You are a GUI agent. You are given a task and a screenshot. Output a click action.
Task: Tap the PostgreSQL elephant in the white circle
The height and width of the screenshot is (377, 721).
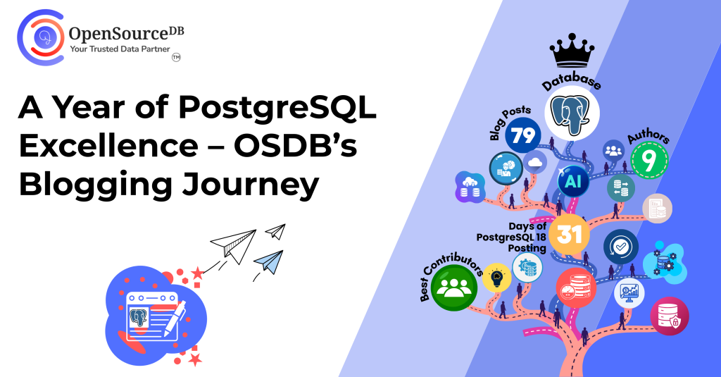(x=572, y=113)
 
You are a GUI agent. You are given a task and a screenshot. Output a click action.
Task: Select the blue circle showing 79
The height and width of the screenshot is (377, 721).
(x=523, y=135)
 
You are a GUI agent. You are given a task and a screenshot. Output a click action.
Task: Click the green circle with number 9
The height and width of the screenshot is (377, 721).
(x=649, y=160)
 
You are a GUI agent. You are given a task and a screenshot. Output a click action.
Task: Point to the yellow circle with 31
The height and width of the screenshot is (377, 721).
(x=569, y=234)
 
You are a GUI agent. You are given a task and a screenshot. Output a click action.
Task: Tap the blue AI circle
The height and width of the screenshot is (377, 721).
(x=573, y=181)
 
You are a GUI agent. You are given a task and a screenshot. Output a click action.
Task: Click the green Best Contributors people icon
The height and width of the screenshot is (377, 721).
(x=454, y=288)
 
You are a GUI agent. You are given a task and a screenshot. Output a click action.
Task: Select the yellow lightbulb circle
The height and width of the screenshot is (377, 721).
(x=496, y=278)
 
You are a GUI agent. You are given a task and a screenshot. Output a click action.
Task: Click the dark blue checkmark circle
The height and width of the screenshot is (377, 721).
(x=621, y=247)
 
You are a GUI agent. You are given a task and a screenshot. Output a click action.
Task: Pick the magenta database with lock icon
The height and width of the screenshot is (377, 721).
(x=669, y=316)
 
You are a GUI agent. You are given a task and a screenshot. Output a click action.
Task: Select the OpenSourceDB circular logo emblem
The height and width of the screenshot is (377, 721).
(x=40, y=37)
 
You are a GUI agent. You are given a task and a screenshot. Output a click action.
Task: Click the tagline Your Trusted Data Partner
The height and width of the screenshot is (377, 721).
(x=120, y=49)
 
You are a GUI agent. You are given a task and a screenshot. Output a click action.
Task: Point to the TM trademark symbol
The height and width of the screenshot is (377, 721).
(x=176, y=58)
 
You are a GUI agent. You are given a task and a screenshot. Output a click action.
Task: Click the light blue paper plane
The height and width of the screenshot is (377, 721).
(x=270, y=261)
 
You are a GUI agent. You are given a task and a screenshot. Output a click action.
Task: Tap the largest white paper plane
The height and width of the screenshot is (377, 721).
(x=234, y=245)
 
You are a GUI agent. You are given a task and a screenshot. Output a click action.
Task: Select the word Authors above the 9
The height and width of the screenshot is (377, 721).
(x=648, y=136)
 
